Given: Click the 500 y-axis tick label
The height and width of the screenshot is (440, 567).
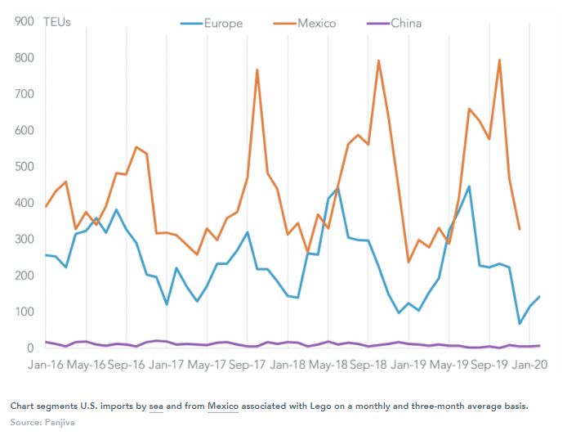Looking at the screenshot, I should click(24, 167).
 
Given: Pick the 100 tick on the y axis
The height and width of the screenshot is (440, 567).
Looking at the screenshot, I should click(24, 312).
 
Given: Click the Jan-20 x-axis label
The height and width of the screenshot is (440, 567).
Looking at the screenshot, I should click(529, 365).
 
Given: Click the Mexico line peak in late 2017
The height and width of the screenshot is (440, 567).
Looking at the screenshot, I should click(257, 70).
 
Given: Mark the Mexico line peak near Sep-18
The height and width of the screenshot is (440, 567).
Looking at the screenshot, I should click(378, 61).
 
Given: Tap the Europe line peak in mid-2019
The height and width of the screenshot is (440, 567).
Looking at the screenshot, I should click(469, 186).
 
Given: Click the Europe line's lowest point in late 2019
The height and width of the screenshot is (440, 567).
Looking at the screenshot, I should click(520, 324).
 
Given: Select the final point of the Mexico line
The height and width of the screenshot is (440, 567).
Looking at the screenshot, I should click(520, 229).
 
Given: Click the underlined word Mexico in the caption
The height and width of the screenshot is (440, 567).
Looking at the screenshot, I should click(222, 406).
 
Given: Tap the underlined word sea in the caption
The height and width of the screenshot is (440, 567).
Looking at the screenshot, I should click(157, 406).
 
